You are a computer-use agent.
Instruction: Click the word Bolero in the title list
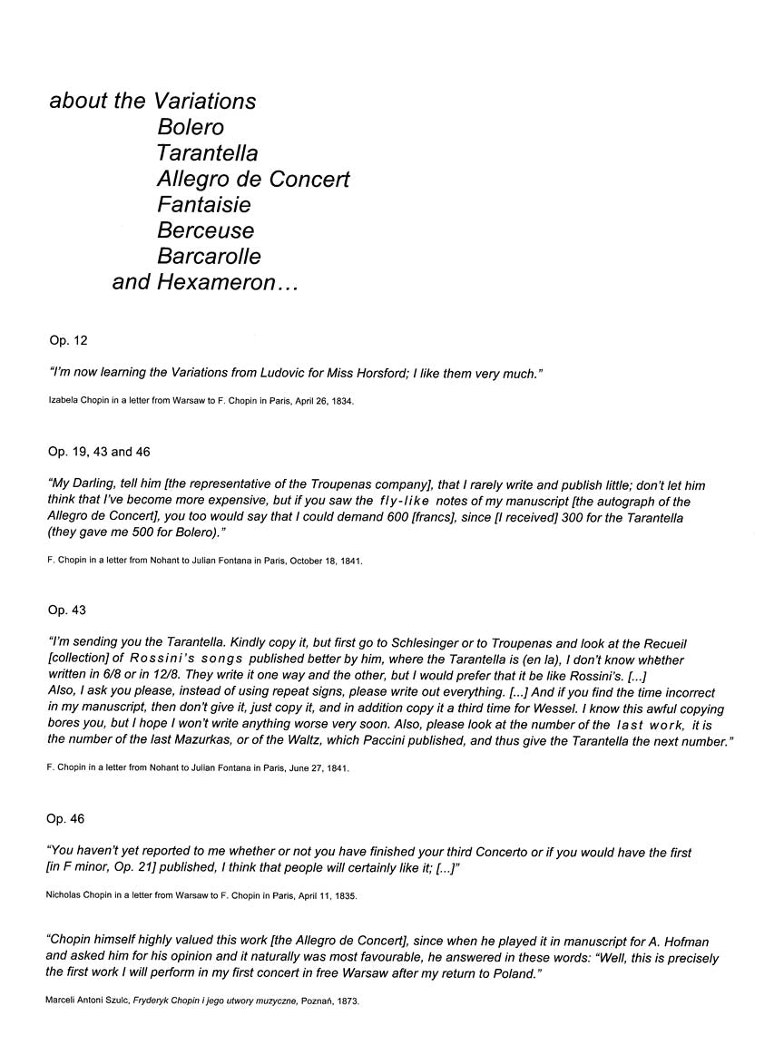click(191, 127)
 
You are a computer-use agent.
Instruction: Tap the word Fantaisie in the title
click(204, 205)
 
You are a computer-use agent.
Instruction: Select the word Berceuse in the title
click(206, 230)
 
